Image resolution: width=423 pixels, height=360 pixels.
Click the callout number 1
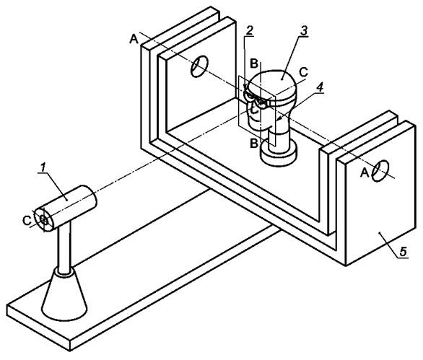[x=43, y=167]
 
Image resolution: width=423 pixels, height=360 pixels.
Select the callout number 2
[x=249, y=31]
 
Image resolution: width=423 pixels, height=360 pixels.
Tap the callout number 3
[x=303, y=31]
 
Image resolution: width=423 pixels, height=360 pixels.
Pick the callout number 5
[x=403, y=252]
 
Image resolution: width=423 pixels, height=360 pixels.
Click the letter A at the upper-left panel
[x=134, y=40]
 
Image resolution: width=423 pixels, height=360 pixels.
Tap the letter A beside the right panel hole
[x=365, y=173]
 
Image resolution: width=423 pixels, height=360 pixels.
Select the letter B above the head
[x=254, y=64]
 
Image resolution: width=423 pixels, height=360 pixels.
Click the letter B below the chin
[x=254, y=144]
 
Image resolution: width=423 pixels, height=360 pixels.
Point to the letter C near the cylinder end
[x=27, y=221]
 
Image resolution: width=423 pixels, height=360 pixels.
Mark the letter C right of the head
[x=303, y=71]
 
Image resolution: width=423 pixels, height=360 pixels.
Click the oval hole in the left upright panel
[x=200, y=66]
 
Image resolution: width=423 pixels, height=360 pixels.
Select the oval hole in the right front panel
[x=380, y=171]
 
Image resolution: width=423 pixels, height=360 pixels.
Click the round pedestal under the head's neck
[x=279, y=154]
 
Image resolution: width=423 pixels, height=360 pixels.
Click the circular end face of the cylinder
[x=44, y=220]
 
